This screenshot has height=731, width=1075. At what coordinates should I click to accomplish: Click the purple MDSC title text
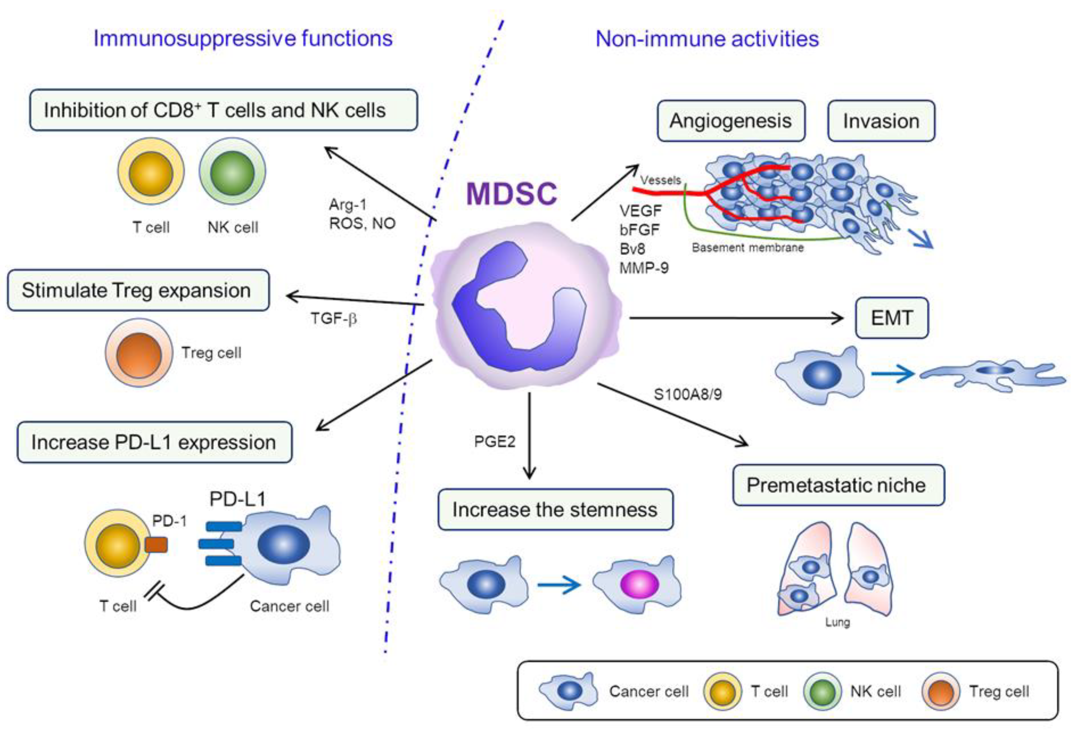(511, 193)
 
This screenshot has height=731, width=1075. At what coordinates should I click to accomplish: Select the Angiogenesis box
(731, 121)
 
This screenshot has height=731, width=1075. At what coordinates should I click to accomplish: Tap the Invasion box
(881, 121)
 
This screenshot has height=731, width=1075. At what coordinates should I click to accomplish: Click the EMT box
(891, 318)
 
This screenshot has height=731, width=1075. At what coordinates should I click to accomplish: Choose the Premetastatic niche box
(838, 485)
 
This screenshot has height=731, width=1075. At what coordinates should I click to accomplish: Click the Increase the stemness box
(555, 509)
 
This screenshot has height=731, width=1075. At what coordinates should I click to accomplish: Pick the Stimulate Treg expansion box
(138, 290)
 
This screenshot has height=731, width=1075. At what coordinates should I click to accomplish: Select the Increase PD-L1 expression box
(154, 442)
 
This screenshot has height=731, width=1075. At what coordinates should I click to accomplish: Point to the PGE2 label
(495, 441)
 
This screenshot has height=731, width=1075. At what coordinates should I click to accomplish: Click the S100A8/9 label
(687, 394)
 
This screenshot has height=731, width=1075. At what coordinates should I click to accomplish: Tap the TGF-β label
(333, 319)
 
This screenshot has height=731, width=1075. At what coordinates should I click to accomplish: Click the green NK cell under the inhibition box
(232, 172)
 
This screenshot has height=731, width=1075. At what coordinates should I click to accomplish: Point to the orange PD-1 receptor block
(156, 545)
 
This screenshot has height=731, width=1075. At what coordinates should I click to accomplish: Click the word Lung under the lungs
(837, 622)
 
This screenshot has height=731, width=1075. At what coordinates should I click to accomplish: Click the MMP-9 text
(643, 268)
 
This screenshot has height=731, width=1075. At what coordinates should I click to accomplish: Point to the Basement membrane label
(748, 248)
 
